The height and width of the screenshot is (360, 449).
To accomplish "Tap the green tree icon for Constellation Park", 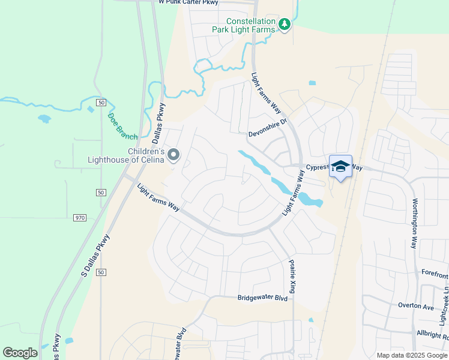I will coord(285,25).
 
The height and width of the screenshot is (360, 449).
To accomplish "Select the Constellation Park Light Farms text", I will coord(244,25).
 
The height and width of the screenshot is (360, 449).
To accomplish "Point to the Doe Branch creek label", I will coord(122,126).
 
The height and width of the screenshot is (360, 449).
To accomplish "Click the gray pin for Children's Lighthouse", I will coord(174,155).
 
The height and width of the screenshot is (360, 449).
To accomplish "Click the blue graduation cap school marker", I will coord(340,167).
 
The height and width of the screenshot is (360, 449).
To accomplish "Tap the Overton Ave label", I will coord(416,305).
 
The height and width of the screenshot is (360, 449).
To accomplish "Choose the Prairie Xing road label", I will coord(292,276).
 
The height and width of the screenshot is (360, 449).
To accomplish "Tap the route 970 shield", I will coord(80,217).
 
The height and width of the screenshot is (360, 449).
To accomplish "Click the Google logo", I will coord(20,353).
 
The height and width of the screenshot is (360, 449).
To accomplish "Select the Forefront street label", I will coord(434,275).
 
